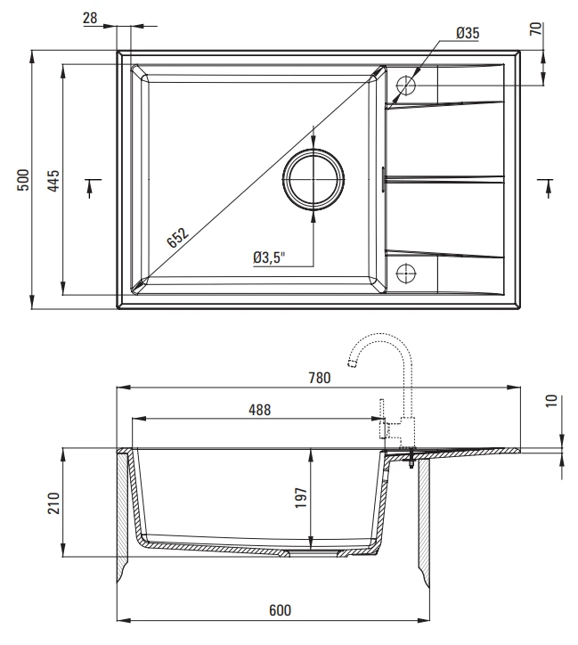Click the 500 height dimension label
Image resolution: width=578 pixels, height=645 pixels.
[x=23, y=180]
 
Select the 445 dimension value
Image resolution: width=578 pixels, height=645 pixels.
[x=53, y=181]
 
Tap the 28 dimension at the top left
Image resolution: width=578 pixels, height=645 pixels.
[x=90, y=18]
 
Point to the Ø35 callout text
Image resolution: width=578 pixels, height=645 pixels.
[x=468, y=33]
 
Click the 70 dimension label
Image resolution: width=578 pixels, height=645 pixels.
[x=536, y=29]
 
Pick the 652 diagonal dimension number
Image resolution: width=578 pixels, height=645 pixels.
[x=178, y=238]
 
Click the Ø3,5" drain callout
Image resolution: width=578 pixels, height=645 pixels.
[x=269, y=258]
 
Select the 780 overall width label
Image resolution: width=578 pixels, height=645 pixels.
[x=320, y=378]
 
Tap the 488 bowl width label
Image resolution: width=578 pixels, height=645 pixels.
[x=260, y=410]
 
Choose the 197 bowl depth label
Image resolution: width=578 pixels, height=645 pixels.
[x=301, y=498]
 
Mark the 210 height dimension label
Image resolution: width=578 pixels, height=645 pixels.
[x=53, y=502]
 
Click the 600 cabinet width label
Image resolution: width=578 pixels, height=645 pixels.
[x=280, y=610]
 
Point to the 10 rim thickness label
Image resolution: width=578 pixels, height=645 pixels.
[x=551, y=401]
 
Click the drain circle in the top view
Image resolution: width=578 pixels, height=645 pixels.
[x=313, y=179]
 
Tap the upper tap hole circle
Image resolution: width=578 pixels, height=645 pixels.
[x=406, y=86]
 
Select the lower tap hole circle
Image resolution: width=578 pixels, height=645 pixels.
[x=406, y=274]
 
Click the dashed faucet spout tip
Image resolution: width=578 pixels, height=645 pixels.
[x=352, y=363]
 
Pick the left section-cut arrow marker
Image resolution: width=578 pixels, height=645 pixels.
[x=91, y=188]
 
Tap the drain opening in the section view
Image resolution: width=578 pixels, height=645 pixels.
[x=313, y=553]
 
